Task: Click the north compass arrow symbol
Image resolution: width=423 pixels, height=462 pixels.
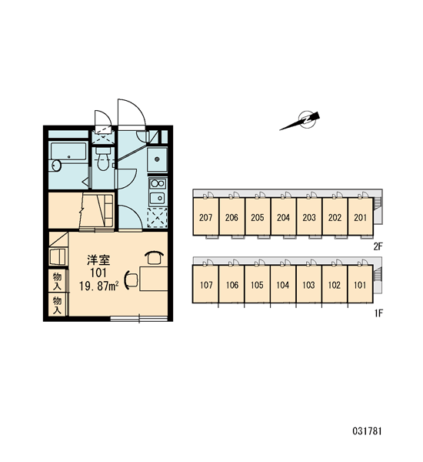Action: tap(300, 121)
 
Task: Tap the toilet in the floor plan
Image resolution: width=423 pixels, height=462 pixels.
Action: tap(103, 159)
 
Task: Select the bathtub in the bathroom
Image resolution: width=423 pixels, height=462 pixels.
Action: tap(68, 152)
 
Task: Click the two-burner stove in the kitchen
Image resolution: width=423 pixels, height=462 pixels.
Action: tap(158, 183)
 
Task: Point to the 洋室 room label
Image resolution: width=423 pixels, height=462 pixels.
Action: tap(98, 260)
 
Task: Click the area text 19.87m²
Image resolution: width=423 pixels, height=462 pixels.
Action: tap(99, 286)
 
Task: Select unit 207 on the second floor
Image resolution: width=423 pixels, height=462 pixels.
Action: tap(205, 217)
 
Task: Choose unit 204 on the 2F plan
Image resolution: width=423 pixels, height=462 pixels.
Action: tap(283, 217)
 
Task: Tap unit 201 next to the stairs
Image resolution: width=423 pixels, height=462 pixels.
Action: tap(360, 217)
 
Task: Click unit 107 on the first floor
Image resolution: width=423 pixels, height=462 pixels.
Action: tap(206, 285)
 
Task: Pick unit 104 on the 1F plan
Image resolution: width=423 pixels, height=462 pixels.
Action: tap(282, 285)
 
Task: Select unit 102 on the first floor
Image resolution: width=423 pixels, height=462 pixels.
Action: tap(334, 285)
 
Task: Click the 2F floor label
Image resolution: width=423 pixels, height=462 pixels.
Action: tap(378, 246)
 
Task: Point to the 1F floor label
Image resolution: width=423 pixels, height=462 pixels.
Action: tap(378, 313)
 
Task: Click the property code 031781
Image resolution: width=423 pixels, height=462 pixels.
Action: tap(367, 431)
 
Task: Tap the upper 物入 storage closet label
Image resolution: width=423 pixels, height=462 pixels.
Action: tap(57, 281)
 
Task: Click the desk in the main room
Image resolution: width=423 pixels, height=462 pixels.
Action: tap(153, 279)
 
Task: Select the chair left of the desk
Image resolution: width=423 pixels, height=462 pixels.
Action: tap(131, 280)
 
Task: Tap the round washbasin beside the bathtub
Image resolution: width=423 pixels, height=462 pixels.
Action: tap(55, 166)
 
